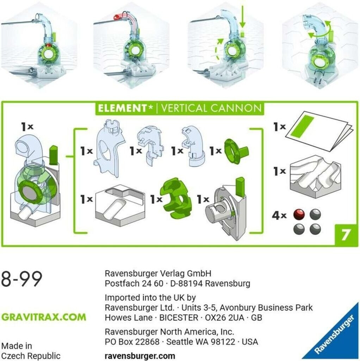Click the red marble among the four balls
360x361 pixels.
[299, 215]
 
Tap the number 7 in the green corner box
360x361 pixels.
[346, 234]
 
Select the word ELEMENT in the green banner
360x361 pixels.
[122, 108]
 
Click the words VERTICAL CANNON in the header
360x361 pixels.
[211, 108]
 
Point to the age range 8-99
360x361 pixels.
[22, 279]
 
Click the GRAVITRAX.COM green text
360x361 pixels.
[44, 317]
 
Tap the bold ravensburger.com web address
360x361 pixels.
[140, 356]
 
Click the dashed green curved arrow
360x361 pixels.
[217, 49]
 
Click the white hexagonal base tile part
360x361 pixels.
[120, 202]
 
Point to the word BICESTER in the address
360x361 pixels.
[179, 318]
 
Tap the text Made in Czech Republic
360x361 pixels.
[31, 351]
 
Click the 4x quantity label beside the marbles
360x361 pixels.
[279, 216]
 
